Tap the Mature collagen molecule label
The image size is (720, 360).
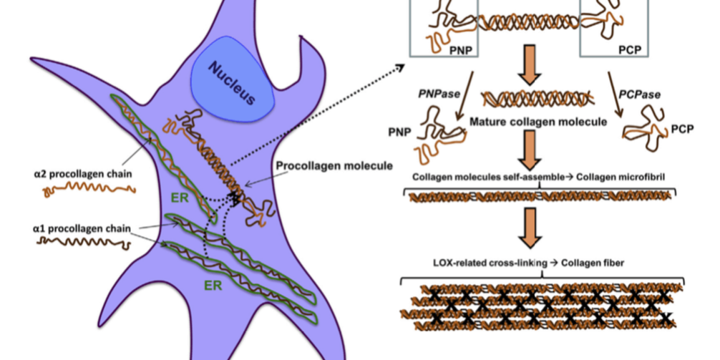click(538, 122)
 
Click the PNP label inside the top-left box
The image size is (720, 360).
click(462, 50)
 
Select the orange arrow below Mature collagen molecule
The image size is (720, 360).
click(531, 150)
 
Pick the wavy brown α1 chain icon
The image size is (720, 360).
click(84, 244)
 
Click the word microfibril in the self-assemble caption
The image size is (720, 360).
click(646, 177)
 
